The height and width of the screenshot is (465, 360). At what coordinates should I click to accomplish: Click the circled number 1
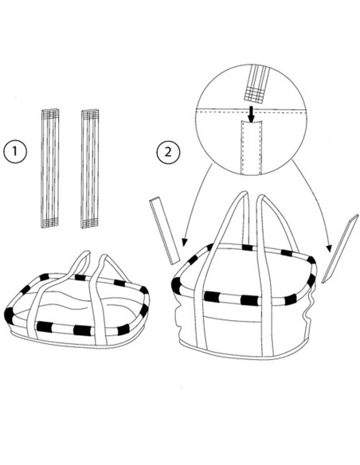[15, 151]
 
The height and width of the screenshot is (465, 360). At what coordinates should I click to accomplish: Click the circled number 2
[168, 152]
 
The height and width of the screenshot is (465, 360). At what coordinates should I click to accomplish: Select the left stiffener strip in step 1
[49, 169]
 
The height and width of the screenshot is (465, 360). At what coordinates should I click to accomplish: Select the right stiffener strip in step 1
[90, 169]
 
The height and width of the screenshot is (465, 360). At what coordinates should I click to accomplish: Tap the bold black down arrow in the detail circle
[252, 114]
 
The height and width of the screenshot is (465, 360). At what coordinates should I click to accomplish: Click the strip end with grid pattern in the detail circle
[254, 94]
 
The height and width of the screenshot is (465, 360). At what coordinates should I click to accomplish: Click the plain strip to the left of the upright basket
[165, 232]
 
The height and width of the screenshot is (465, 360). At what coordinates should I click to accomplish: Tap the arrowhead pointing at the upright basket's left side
[185, 242]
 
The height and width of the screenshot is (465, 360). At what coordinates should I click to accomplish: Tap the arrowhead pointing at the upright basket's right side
[329, 248]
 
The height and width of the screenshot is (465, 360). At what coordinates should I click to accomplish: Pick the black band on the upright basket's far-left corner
[176, 285]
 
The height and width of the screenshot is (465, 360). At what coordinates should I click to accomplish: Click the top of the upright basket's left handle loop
[243, 193]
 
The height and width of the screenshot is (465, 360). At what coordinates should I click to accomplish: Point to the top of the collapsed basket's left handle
[84, 253]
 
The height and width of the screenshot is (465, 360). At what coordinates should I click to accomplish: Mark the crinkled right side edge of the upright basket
[310, 308]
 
